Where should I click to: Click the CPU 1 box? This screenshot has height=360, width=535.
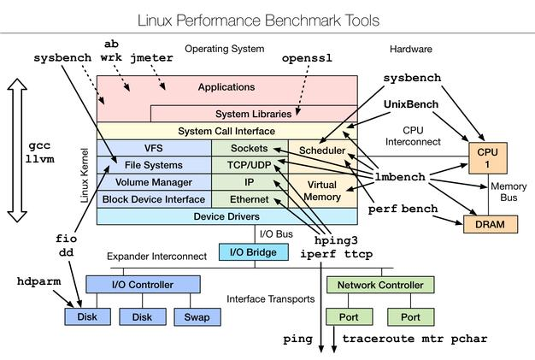(x=481, y=158)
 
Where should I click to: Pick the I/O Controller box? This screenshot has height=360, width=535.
(x=143, y=285)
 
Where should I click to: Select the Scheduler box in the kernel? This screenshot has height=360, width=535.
(x=322, y=150)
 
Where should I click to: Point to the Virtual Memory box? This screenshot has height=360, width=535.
(x=322, y=188)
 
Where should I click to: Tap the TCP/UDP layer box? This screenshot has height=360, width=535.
(x=249, y=165)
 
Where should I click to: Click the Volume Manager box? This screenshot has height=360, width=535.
(x=154, y=182)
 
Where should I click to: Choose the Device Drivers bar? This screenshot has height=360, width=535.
(x=226, y=215)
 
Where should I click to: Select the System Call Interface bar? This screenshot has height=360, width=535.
(x=226, y=131)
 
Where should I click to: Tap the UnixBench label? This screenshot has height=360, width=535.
(x=412, y=103)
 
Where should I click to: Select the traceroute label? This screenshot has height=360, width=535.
(x=379, y=339)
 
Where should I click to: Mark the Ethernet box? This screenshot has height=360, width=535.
(x=249, y=198)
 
